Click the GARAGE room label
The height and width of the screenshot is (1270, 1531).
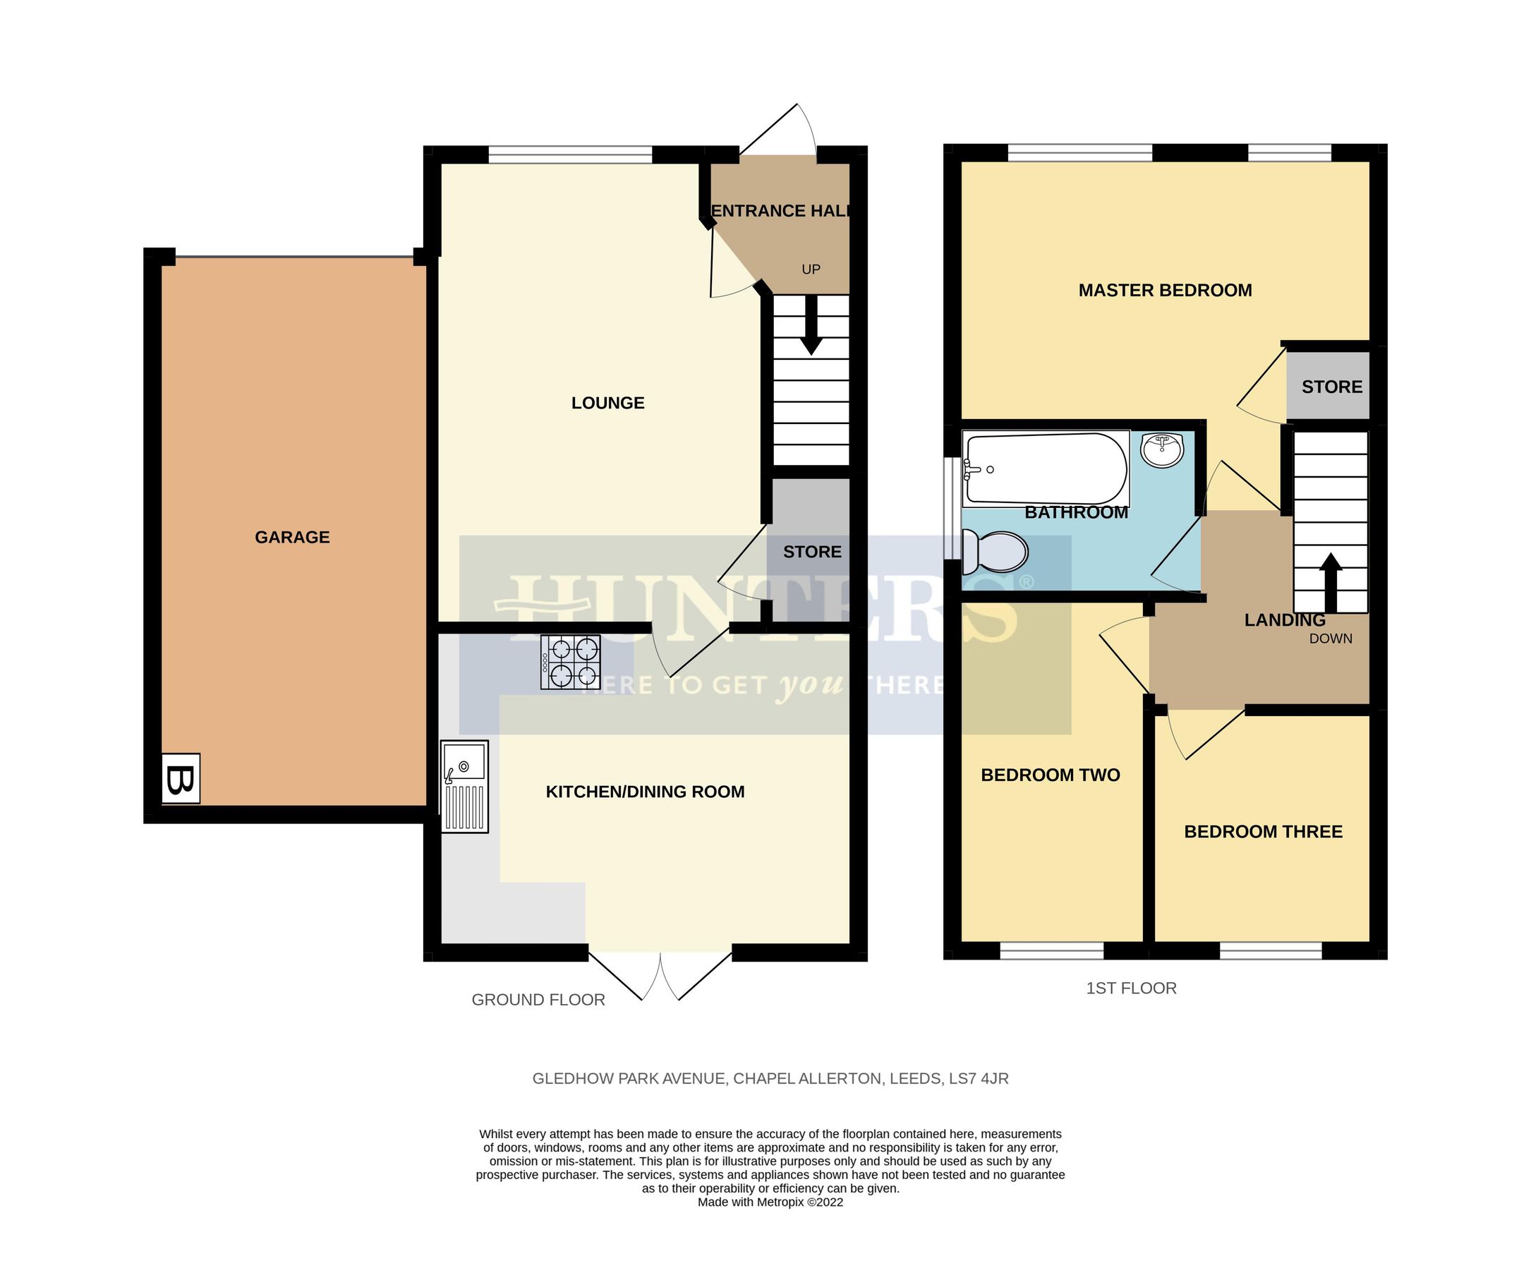291,538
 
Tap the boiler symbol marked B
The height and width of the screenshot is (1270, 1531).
180,780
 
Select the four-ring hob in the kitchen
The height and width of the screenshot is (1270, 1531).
570,662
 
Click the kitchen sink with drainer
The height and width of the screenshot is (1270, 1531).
464,787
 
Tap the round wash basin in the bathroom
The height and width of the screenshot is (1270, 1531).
1162,450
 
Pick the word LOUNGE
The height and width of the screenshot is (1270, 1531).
607,403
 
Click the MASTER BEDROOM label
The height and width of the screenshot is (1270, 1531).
1165,290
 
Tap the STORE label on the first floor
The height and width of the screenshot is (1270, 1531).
1331,387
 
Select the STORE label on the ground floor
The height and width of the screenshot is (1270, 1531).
812,552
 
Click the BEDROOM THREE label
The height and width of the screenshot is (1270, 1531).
1263,832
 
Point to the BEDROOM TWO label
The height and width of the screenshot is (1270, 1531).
1050,775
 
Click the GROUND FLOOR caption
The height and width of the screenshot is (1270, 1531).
538,1000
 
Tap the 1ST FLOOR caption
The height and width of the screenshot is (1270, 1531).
1131,988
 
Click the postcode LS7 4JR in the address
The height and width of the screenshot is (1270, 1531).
979,1078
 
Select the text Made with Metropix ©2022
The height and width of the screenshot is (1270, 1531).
770,1202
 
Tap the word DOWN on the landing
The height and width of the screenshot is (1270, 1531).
1331,639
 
